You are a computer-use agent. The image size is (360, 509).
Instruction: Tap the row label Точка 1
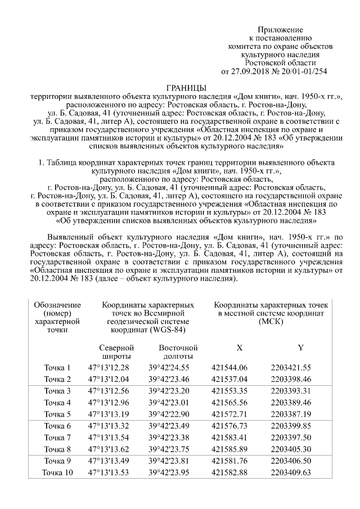click(x=58, y=367)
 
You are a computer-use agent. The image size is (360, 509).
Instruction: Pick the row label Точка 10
click(x=58, y=472)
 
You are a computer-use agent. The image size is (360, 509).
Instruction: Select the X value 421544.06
click(x=230, y=367)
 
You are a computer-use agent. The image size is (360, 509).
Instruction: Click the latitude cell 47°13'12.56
click(x=109, y=391)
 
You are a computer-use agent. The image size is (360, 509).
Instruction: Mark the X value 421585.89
click(x=230, y=449)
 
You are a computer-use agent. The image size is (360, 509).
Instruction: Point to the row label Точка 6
click(x=58, y=426)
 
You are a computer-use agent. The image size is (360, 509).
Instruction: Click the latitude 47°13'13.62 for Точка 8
click(x=109, y=449)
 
